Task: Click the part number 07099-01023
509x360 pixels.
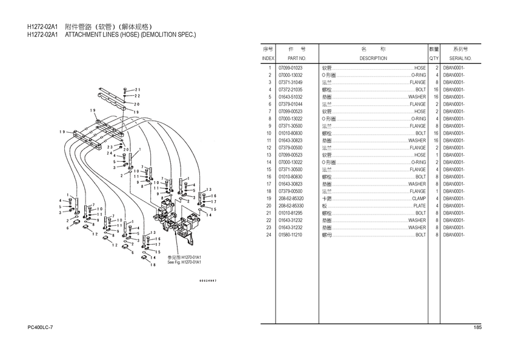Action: [x=290, y=68]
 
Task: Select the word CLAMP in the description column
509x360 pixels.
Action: [x=419, y=199]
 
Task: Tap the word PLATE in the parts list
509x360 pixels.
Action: [x=419, y=206]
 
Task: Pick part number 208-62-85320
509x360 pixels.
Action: [x=291, y=199]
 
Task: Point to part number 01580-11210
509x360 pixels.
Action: [x=290, y=235]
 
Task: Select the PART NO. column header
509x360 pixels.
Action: [x=291, y=58]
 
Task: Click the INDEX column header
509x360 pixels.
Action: [x=268, y=58]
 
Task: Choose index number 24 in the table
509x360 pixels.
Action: [x=268, y=235]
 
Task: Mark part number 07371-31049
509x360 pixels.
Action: [x=290, y=82]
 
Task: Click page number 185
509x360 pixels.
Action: [x=477, y=328]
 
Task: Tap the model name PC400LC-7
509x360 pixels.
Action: [x=41, y=328]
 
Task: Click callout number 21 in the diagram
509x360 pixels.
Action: [x=138, y=90]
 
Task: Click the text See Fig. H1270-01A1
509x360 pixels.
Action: [x=184, y=262]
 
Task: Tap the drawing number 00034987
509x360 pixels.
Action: [x=208, y=280]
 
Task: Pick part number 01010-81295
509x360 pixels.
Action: [x=290, y=213]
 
